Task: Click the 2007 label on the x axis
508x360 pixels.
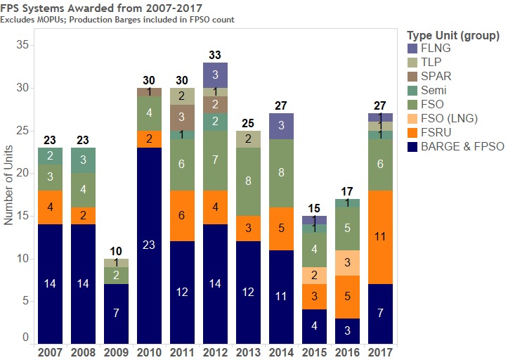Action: point(50,351)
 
